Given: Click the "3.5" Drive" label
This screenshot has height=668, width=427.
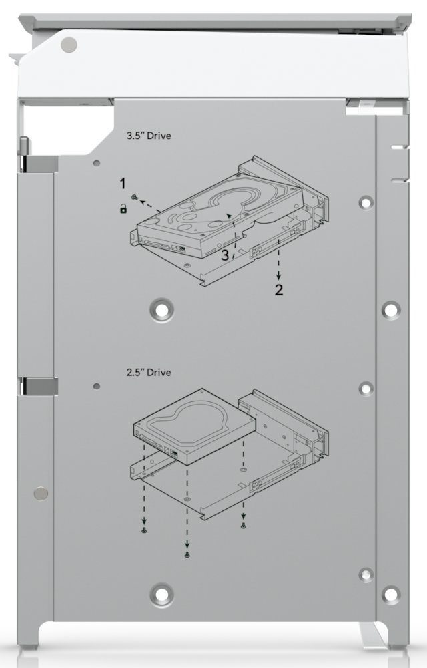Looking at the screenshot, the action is [149, 136].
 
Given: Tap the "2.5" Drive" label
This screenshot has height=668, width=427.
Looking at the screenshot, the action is [149, 372].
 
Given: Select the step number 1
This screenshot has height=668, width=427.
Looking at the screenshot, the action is [123, 184].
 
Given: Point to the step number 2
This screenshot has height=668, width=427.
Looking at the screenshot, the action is [279, 290].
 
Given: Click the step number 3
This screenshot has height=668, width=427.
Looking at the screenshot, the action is [225, 255].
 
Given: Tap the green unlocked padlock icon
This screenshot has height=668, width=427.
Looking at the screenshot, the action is [123, 208].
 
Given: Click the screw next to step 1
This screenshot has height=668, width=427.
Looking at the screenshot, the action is [134, 197].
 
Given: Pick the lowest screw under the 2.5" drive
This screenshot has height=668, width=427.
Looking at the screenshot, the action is [187, 554].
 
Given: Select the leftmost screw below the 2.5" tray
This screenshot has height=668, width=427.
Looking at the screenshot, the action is [144, 530].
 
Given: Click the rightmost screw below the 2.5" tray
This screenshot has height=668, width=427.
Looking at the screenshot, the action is [244, 525].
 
